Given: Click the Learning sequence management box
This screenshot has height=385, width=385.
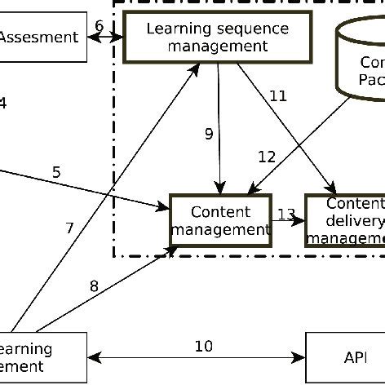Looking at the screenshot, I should [x=217, y=38].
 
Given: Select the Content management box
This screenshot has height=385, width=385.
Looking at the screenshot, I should [x=220, y=220].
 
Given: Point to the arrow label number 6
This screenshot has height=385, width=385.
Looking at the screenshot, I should [x=99, y=25].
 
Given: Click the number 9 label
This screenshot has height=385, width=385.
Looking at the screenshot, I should [x=209, y=134].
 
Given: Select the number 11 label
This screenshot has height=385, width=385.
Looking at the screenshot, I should [x=278, y=96].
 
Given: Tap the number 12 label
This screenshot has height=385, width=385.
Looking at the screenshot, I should [x=267, y=156].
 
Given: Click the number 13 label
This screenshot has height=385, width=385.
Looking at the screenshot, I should [x=286, y=215].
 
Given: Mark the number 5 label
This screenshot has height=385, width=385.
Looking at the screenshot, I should [x=56, y=172].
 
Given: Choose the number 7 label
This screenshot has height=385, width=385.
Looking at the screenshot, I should [x=69, y=228].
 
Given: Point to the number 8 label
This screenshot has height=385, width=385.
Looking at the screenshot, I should [x=94, y=285].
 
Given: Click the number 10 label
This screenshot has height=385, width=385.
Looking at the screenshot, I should [x=203, y=346].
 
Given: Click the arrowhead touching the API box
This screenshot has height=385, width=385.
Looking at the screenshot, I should [x=300, y=357].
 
